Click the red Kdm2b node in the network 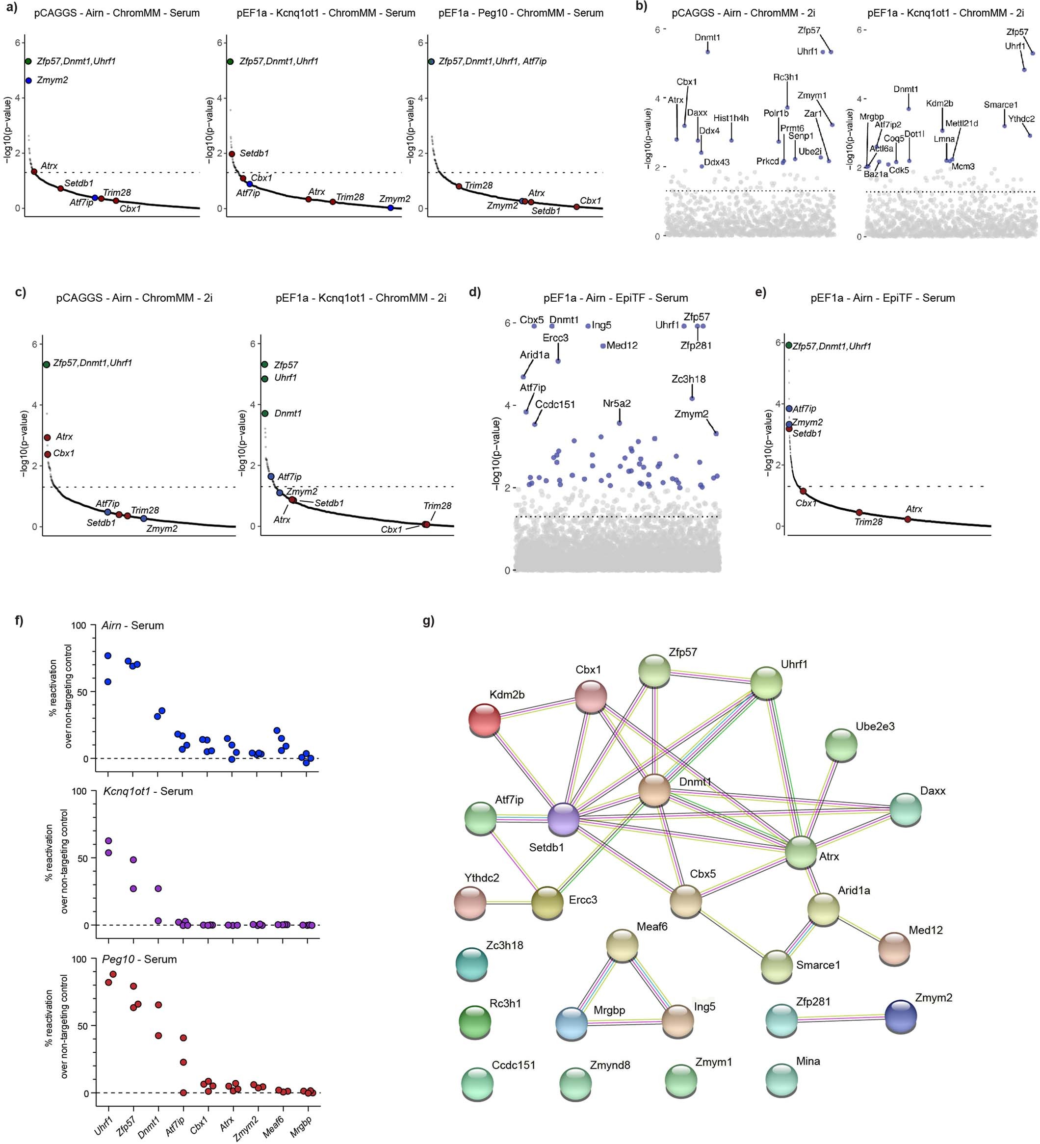point(485,720)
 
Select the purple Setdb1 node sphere point(563,819)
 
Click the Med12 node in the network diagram point(894,947)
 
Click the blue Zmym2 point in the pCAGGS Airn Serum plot point(28,80)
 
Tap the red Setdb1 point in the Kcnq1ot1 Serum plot point(232,154)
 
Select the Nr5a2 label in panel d point(617,403)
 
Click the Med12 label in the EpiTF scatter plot point(622,345)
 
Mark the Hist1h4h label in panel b point(731,118)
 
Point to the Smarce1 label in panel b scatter point(1001,105)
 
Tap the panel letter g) point(428,621)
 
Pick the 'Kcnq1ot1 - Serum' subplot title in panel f point(148,791)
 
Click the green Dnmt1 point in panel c point(265,413)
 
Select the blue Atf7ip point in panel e point(789,408)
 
